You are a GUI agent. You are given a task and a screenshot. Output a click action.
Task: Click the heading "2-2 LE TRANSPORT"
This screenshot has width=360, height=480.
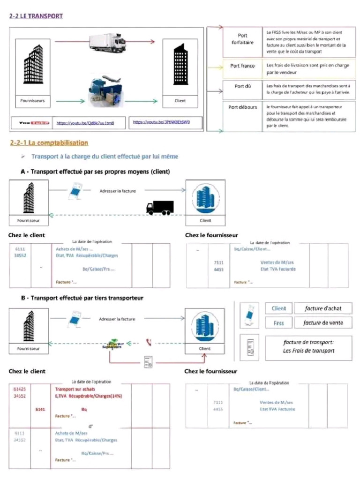pyautogui.click(x=36, y=16)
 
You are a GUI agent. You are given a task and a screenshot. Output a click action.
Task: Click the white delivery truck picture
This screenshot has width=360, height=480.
pyautogui.click(x=107, y=42)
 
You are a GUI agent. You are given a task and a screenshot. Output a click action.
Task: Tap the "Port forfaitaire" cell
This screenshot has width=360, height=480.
pyautogui.click(x=242, y=39)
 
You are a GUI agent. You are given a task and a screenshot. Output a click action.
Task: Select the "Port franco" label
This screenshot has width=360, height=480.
pyautogui.click(x=242, y=66)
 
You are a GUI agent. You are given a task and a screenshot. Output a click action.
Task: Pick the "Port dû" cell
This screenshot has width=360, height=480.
pyautogui.click(x=242, y=86)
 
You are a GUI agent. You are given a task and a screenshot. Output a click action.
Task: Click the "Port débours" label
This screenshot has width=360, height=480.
pyautogui.click(x=242, y=107)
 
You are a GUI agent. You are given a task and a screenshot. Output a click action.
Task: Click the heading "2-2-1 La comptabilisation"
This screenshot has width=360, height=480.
pyautogui.click(x=49, y=142)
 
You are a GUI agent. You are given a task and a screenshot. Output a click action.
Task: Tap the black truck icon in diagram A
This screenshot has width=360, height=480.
pyautogui.click(x=160, y=208)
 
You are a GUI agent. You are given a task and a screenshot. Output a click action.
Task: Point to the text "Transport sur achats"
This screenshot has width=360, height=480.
pyautogui.click(x=75, y=389)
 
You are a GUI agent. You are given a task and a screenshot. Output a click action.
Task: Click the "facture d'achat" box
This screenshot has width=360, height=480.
pyautogui.click(x=323, y=308)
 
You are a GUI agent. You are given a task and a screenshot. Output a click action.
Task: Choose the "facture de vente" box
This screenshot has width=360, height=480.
pyautogui.click(x=323, y=322)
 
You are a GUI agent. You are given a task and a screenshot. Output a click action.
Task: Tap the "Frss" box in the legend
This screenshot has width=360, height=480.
pyautogui.click(x=279, y=322)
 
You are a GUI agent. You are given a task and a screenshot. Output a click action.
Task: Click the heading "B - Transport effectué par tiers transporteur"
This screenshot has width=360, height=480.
pyautogui.click(x=82, y=298)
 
